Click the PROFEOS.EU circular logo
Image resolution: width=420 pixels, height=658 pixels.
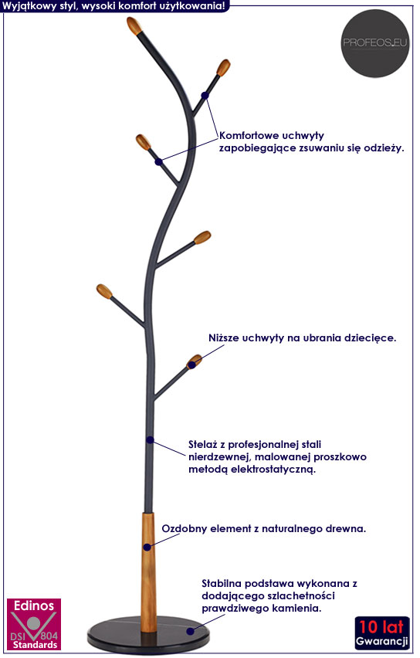click(x=374, y=43)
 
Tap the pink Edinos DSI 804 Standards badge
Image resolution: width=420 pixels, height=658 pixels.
click(x=34, y=624)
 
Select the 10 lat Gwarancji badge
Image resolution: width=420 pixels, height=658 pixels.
click(x=382, y=633)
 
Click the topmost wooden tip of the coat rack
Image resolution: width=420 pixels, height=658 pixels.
click(x=134, y=25)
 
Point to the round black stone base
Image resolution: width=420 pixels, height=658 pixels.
click(x=148, y=635)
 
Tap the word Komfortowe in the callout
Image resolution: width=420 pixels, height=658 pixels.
click(x=249, y=136)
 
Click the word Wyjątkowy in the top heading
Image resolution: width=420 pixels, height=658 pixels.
click(x=30, y=5)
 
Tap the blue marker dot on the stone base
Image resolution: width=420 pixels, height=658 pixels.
click(x=190, y=631)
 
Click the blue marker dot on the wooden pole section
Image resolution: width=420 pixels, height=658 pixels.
click(x=147, y=547)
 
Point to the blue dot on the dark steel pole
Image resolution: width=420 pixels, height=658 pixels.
click(x=150, y=439)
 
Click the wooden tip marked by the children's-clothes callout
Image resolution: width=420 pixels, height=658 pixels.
click(x=194, y=361)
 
